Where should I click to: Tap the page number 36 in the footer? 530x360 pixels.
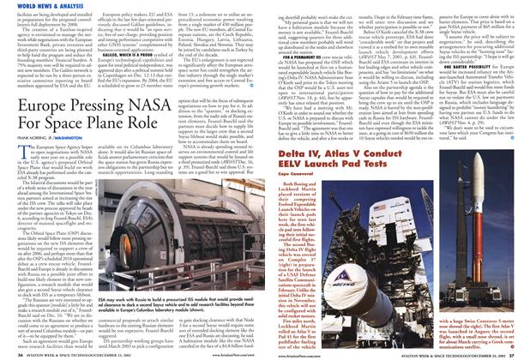(x=9, y=355)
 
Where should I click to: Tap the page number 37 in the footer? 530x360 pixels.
(x=521, y=355)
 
